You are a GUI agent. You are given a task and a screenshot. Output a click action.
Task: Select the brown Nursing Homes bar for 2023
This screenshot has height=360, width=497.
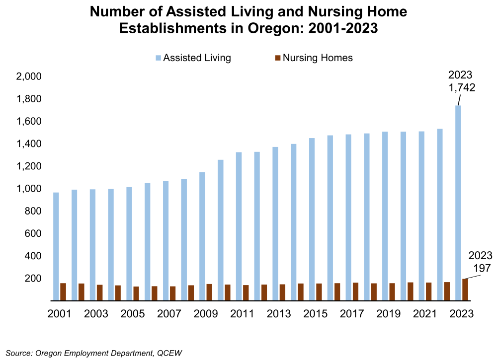point(465,290)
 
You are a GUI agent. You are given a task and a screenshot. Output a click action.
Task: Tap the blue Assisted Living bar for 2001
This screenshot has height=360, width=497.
point(56,246)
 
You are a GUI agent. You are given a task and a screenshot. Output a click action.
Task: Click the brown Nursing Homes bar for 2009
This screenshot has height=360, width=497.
point(209,292)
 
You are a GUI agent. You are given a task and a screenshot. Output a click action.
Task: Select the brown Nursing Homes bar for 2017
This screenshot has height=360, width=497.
point(355,291)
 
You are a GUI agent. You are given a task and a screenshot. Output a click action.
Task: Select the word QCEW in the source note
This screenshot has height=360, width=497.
point(169,353)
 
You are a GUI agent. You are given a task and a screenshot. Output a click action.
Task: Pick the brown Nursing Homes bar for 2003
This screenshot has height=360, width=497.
point(99,293)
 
